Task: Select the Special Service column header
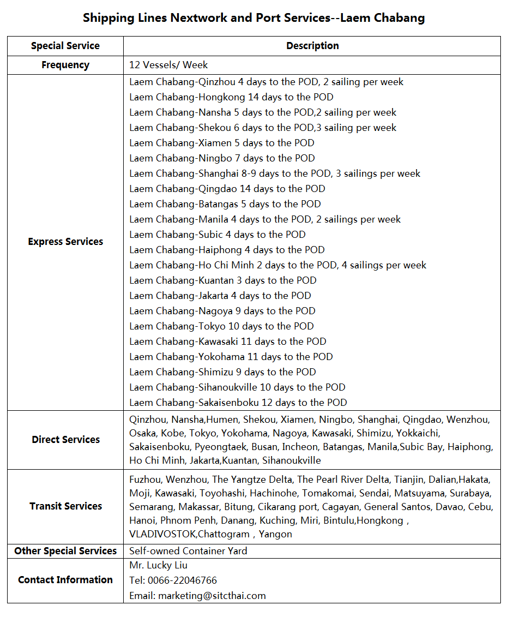[x=65, y=46]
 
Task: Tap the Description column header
[x=312, y=46]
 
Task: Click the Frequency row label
[x=65, y=65]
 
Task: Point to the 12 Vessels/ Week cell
[x=168, y=65]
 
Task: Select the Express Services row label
[x=65, y=242]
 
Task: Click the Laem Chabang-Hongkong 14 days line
[x=231, y=97]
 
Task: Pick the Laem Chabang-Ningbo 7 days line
[x=222, y=158]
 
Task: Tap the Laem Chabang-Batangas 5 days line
[x=225, y=204]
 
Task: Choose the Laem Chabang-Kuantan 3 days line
[x=223, y=280]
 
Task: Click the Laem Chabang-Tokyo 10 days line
[x=221, y=326]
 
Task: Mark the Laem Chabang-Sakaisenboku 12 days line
[x=238, y=403]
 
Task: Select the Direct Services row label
[x=65, y=440]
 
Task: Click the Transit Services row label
[x=65, y=506]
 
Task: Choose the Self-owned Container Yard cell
[x=188, y=551]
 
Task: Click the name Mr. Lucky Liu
[x=158, y=565]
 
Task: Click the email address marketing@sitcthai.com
[x=212, y=596]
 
